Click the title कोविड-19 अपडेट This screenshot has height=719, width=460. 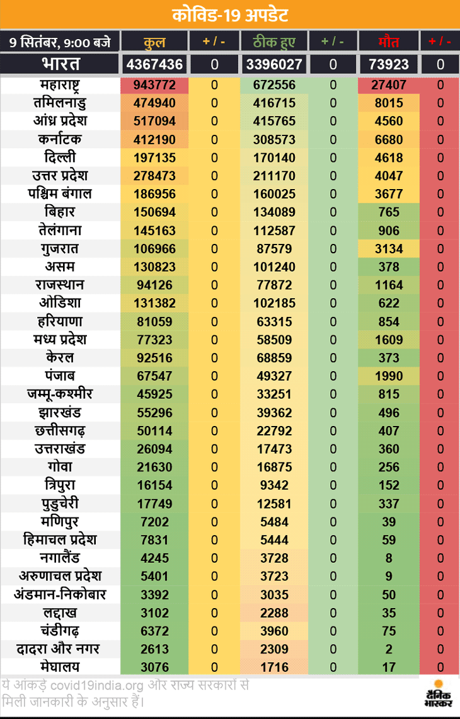230,14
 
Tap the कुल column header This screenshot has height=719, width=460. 154,43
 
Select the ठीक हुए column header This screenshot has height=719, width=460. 274,43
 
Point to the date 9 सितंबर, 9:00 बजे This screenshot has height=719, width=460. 59,43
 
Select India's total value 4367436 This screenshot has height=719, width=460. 154,64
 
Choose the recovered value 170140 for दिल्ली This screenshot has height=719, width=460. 274,158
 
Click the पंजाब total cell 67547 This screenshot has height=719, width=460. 154,376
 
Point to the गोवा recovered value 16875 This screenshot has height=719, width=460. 274,467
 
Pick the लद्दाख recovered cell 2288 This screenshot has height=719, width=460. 274,613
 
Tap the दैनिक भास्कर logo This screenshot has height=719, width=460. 435,694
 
